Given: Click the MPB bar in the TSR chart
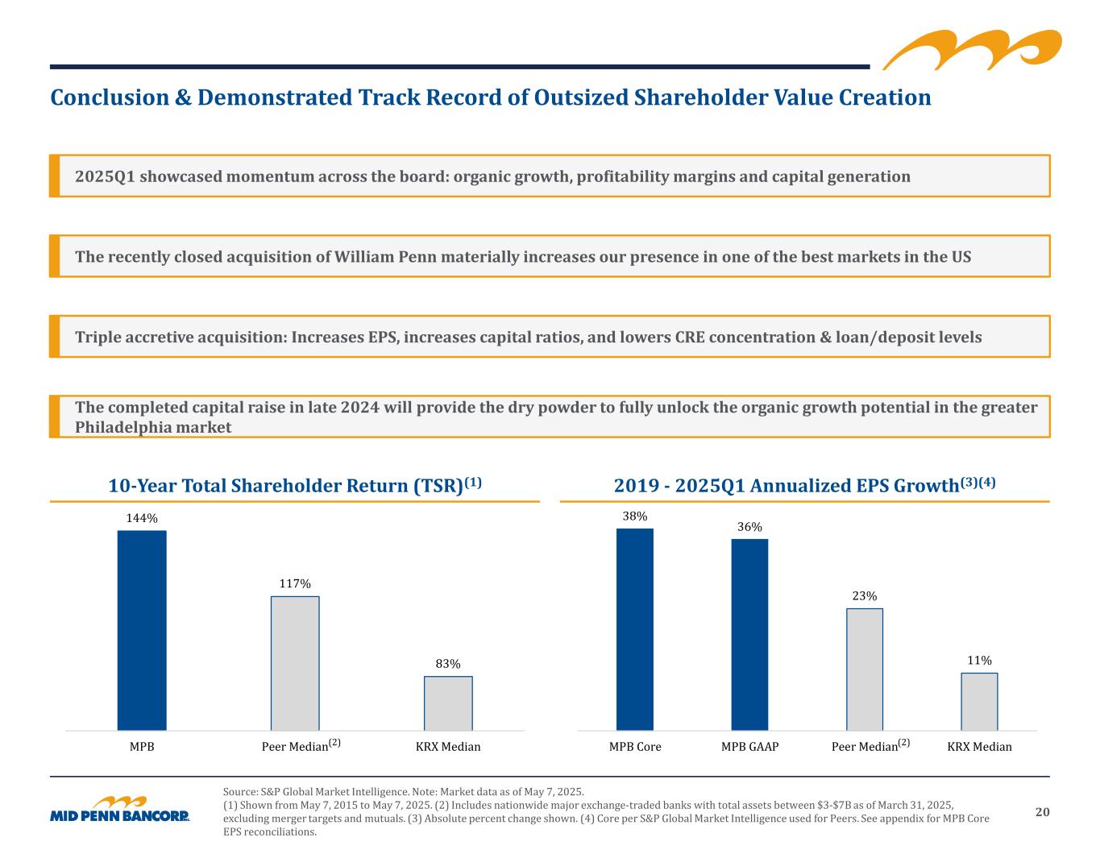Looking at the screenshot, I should tap(142, 630).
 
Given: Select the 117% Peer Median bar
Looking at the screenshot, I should tap(295, 663).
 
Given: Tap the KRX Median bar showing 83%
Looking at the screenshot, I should tap(448, 703).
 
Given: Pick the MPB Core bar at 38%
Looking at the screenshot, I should tap(635, 629).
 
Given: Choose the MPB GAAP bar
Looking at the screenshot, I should tap(749, 634).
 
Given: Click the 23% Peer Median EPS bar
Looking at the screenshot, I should tap(865, 669).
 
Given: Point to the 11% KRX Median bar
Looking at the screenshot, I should tap(979, 701).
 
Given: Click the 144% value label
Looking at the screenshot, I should tap(142, 518).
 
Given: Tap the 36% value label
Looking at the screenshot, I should tap(749, 526).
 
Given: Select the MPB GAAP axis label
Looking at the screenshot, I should tap(749, 747).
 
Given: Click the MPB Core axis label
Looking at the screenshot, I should tap(635, 747).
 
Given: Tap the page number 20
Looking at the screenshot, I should tap(1042, 812).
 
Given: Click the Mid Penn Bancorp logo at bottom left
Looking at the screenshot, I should tap(120, 811).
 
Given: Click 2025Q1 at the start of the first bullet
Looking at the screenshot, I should tap(105, 176).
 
